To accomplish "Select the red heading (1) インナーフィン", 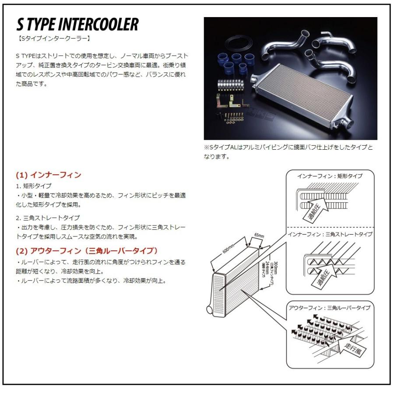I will [x=48, y=175].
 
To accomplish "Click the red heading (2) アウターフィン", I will [x=86, y=250].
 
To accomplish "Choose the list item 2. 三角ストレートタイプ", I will [x=48, y=218].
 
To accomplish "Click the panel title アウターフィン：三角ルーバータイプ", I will [x=330, y=308].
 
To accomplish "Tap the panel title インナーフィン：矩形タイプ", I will [x=330, y=176].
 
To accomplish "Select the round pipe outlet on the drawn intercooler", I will [x=210, y=310].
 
